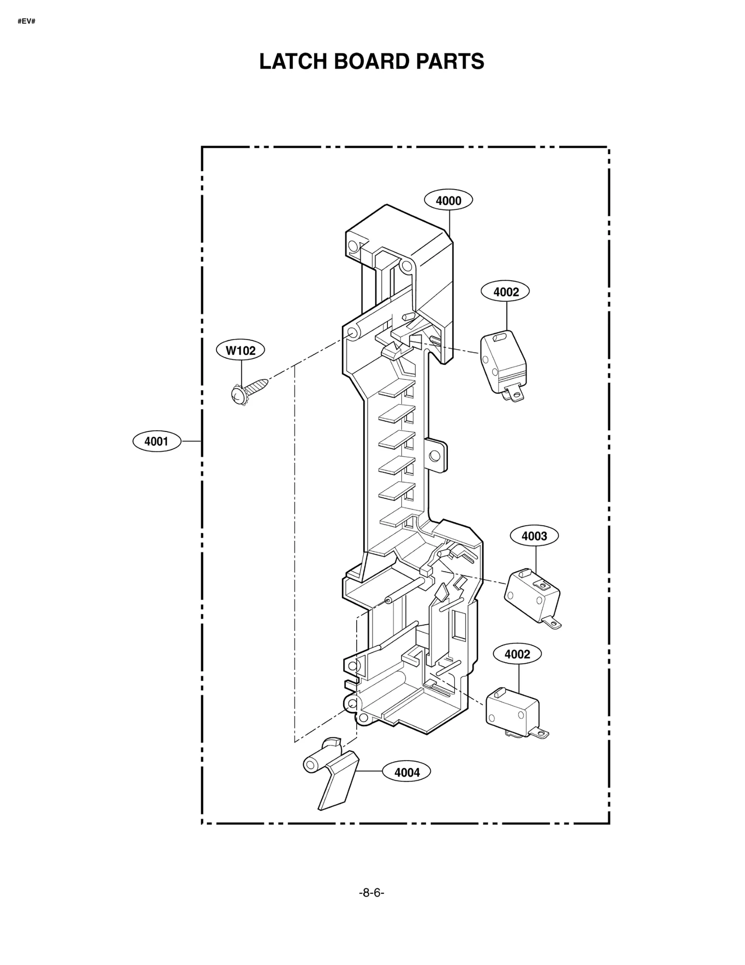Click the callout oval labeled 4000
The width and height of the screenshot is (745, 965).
click(x=448, y=201)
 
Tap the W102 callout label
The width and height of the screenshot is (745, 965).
click(x=240, y=350)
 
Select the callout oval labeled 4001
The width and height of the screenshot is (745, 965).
click(x=156, y=441)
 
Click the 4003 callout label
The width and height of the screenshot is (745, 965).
click(x=534, y=536)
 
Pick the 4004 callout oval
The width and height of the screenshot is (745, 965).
click(x=406, y=772)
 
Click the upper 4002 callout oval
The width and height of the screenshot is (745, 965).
click(x=506, y=292)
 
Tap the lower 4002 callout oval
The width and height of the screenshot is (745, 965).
click(x=517, y=654)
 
